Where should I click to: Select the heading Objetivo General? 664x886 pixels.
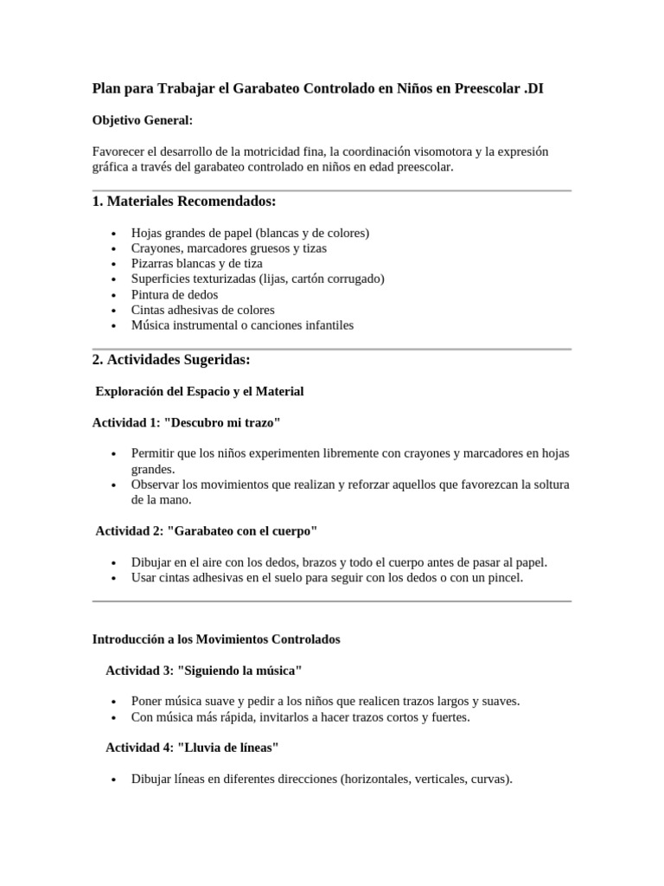coord(142,120)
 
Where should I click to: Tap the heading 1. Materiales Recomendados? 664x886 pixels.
coord(183,202)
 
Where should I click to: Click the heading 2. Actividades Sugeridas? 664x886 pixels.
coord(171,359)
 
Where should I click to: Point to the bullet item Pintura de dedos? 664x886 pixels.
coord(175,294)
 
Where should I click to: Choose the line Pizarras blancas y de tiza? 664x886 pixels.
coord(197,263)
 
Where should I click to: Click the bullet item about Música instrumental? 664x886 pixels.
coord(242,325)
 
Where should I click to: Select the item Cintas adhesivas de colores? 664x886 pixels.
coord(203,310)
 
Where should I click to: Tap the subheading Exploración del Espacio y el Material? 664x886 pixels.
coord(199,391)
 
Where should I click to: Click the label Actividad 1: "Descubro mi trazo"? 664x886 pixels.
coord(187,422)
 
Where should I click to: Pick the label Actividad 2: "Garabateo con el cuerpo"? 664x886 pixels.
coord(207,530)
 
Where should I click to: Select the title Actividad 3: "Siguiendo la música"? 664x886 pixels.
coord(204,670)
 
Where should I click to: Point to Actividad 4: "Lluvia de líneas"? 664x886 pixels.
coord(192,747)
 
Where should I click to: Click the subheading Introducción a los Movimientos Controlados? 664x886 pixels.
coord(216,639)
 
